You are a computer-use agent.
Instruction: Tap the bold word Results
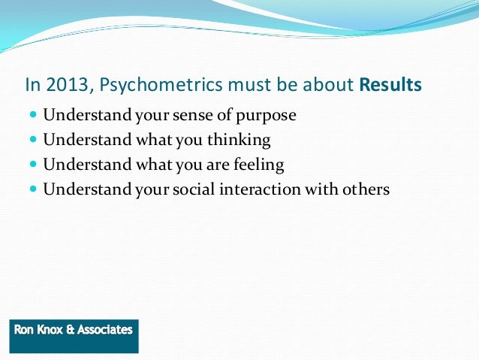(x=390, y=85)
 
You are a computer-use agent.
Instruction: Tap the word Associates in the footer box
(x=106, y=329)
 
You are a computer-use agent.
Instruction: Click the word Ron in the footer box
(x=25, y=329)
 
